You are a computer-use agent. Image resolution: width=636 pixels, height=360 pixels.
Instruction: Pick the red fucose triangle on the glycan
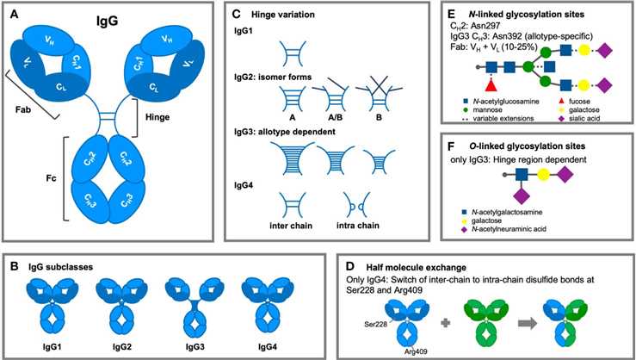[x=492, y=85]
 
